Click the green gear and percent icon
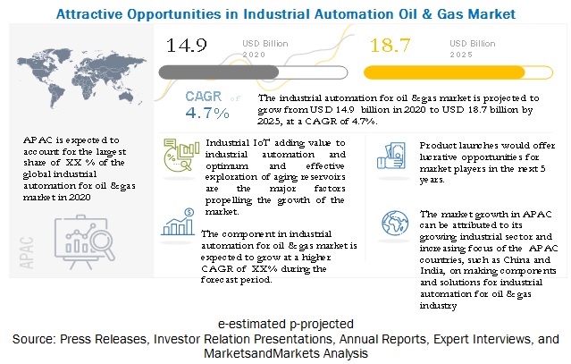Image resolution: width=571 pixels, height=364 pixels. point(180,157)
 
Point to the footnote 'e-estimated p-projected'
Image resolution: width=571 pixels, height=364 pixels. point(285,322)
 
